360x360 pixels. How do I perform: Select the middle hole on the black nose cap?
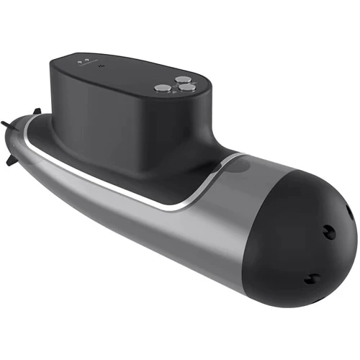coord(328,231)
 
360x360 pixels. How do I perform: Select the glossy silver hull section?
coord(180,223)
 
